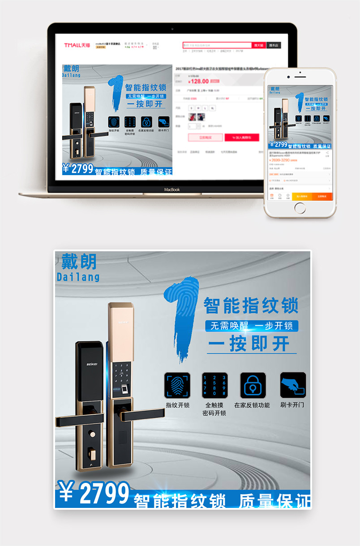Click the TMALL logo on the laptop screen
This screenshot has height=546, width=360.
point(77,45)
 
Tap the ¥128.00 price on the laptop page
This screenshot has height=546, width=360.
point(198,81)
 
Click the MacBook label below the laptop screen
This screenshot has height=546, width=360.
point(172,189)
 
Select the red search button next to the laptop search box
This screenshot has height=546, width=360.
point(259,45)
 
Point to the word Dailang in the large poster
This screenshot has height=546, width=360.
point(78,277)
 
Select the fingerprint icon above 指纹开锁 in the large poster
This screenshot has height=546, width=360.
point(177,385)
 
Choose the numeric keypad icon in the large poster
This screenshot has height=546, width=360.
point(214,385)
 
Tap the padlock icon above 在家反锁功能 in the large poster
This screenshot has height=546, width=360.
point(253,385)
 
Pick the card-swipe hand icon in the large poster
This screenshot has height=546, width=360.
point(293,385)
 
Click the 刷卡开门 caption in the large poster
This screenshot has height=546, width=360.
point(292,404)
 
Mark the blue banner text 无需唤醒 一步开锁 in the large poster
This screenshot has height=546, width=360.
point(252,326)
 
